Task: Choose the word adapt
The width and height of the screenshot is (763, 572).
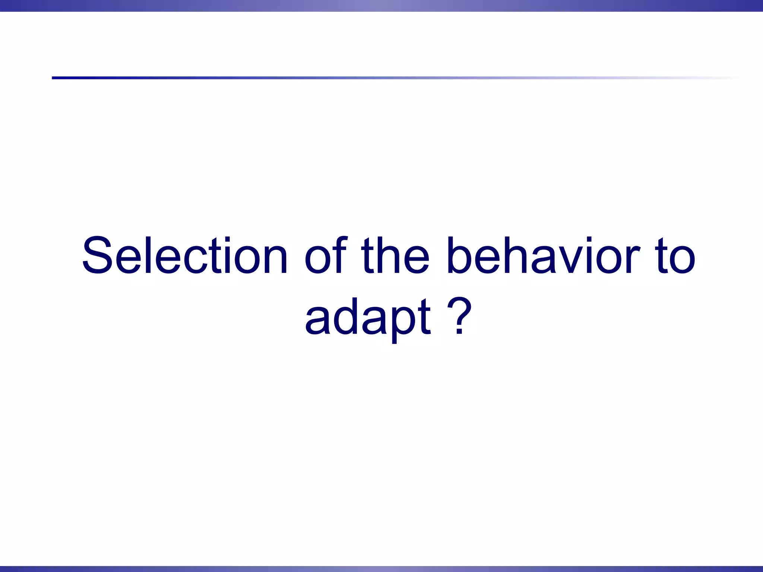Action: pyautogui.click(x=367, y=317)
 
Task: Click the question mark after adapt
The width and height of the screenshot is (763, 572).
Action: pyautogui.click(x=460, y=315)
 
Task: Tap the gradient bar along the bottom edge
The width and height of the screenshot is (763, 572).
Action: pyautogui.click(x=381, y=569)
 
